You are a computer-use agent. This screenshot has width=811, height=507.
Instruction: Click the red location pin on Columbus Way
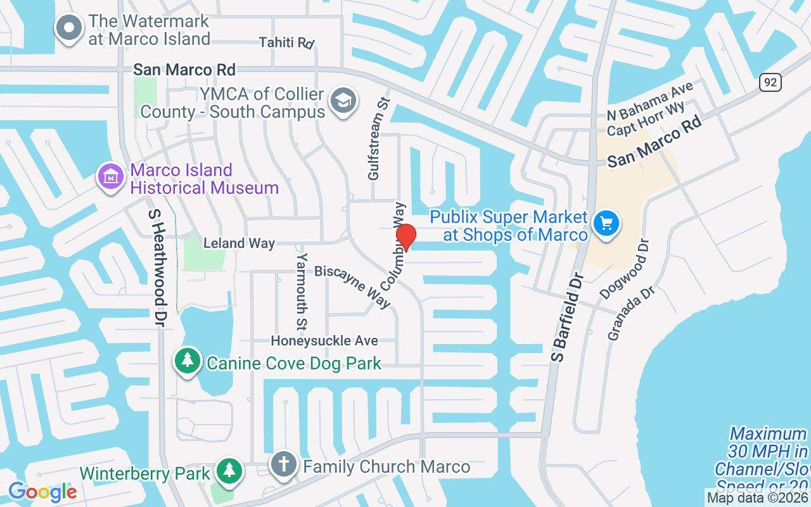(405, 237)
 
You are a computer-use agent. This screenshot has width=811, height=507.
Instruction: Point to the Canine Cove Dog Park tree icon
(188, 361)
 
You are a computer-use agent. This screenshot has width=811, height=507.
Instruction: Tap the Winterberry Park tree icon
(229, 471)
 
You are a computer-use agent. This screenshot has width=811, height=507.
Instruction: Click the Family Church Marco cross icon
(283, 465)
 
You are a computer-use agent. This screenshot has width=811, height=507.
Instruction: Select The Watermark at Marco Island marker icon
(69, 28)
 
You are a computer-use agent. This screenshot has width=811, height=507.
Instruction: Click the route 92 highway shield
(770, 82)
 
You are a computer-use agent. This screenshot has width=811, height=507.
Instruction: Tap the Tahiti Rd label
(286, 43)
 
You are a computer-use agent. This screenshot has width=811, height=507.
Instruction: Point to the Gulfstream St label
(377, 146)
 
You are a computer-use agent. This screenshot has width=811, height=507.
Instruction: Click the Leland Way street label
(239, 243)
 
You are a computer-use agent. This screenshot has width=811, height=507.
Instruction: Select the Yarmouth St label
(302, 283)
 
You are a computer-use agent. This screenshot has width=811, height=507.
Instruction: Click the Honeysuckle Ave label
(324, 341)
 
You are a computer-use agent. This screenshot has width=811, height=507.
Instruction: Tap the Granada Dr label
(630, 314)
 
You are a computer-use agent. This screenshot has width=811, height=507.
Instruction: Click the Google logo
(42, 491)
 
